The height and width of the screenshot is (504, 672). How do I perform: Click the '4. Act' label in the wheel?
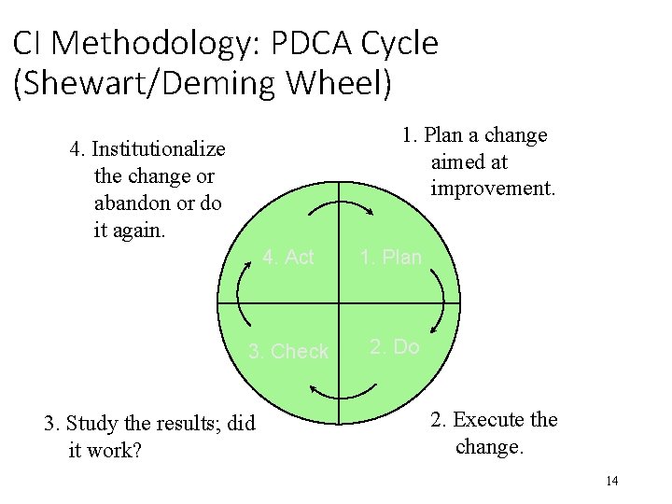click(x=288, y=257)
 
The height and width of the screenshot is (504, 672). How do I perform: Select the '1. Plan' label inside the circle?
click(x=391, y=257)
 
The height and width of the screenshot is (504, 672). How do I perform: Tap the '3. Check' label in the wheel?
click(x=288, y=352)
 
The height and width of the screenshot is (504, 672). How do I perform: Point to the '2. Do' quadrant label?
click(x=394, y=347)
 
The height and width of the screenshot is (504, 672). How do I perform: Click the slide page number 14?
click(x=612, y=481)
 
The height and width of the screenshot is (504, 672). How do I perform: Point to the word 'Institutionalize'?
click(x=159, y=149)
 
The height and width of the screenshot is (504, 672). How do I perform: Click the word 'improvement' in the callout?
click(x=492, y=189)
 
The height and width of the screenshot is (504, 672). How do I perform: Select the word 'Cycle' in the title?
click(x=402, y=44)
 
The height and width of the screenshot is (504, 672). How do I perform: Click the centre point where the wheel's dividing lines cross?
click(x=338, y=304)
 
